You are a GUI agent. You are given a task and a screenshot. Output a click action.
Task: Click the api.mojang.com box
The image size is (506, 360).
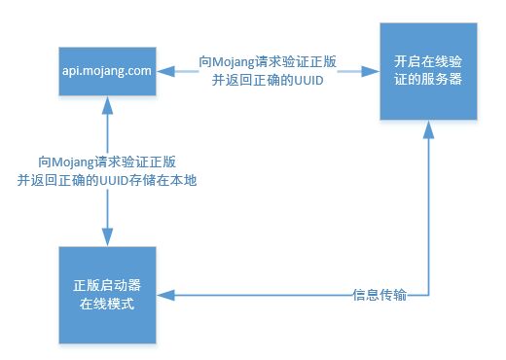(107, 71)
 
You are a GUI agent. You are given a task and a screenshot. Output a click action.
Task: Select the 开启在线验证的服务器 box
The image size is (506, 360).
(428, 71)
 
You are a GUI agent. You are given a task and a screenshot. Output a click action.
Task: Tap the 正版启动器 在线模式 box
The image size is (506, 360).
(107, 295)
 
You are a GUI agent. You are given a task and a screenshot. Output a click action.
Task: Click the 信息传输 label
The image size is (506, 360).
(379, 295)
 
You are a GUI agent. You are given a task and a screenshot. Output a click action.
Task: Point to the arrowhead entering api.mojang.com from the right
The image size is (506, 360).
(165, 71)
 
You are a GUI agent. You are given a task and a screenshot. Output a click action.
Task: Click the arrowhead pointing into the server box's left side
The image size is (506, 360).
(371, 71)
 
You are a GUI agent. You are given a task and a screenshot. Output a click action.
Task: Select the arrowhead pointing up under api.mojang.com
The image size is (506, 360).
(107, 105)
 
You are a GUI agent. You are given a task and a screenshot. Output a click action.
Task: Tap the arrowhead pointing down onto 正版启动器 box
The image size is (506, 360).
(107, 237)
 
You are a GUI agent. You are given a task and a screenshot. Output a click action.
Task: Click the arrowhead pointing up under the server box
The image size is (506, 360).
(428, 129)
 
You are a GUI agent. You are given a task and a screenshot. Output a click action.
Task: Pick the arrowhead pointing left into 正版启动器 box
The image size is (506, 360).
(165, 295)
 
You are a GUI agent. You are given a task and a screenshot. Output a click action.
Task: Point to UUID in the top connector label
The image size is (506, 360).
(308, 80)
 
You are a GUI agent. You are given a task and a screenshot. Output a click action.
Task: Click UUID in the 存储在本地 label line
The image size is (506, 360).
(114, 180)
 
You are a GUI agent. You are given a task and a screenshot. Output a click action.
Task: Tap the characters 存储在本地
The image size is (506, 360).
(163, 180)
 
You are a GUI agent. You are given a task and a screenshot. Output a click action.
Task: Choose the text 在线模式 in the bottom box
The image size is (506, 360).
(107, 305)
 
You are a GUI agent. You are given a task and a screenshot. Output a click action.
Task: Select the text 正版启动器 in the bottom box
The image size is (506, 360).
(107, 286)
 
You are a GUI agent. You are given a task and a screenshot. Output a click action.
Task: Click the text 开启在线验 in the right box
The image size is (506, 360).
(428, 61)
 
